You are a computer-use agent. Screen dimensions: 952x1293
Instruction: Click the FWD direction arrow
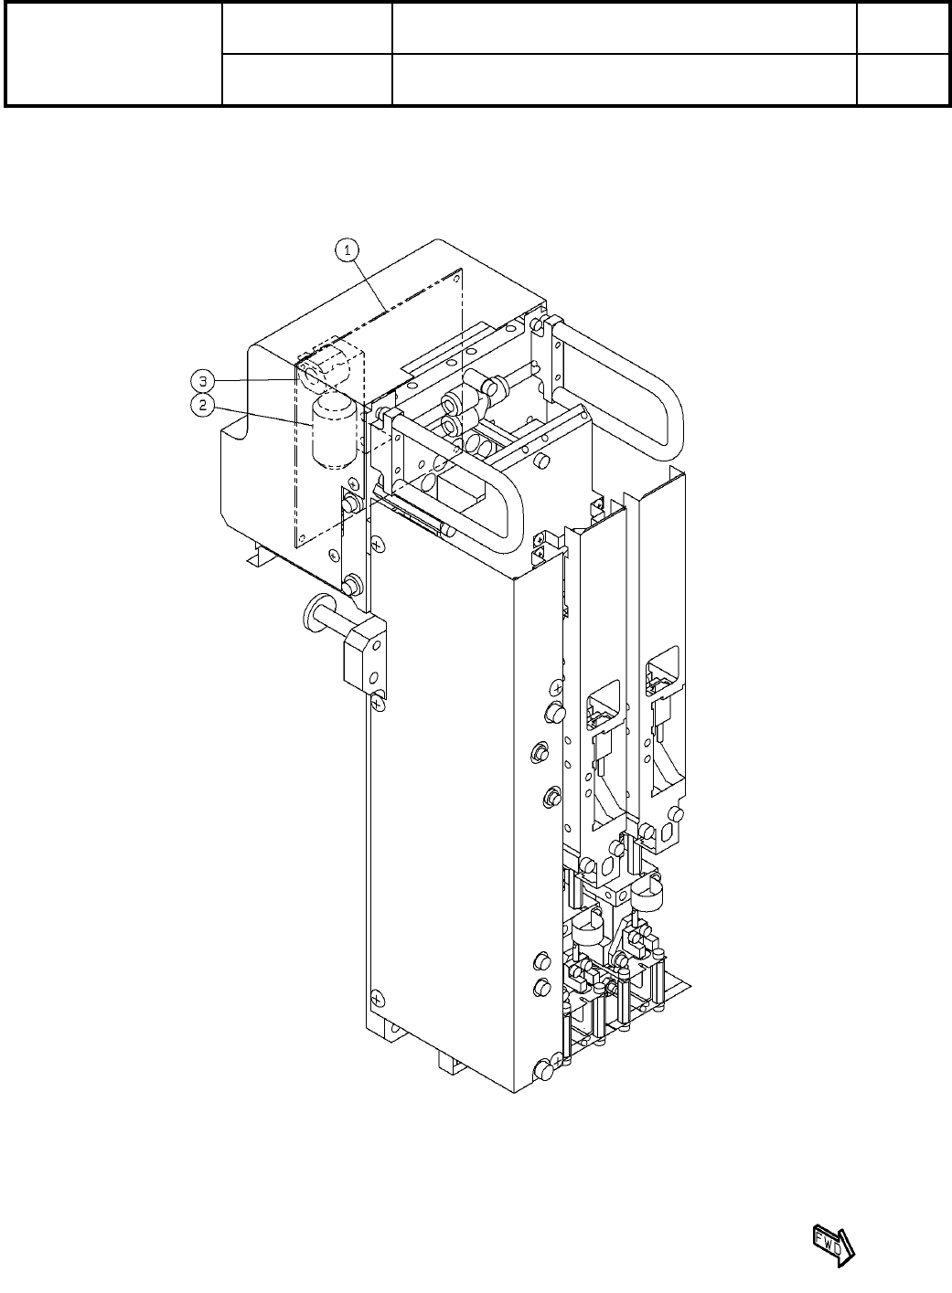[x=832, y=1245]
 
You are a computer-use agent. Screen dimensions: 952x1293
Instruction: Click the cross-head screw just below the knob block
[x=379, y=702]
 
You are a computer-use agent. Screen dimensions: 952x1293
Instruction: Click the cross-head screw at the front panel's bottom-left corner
[x=374, y=998]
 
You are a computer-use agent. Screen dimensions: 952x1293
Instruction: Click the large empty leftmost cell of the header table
[x=113, y=53]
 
